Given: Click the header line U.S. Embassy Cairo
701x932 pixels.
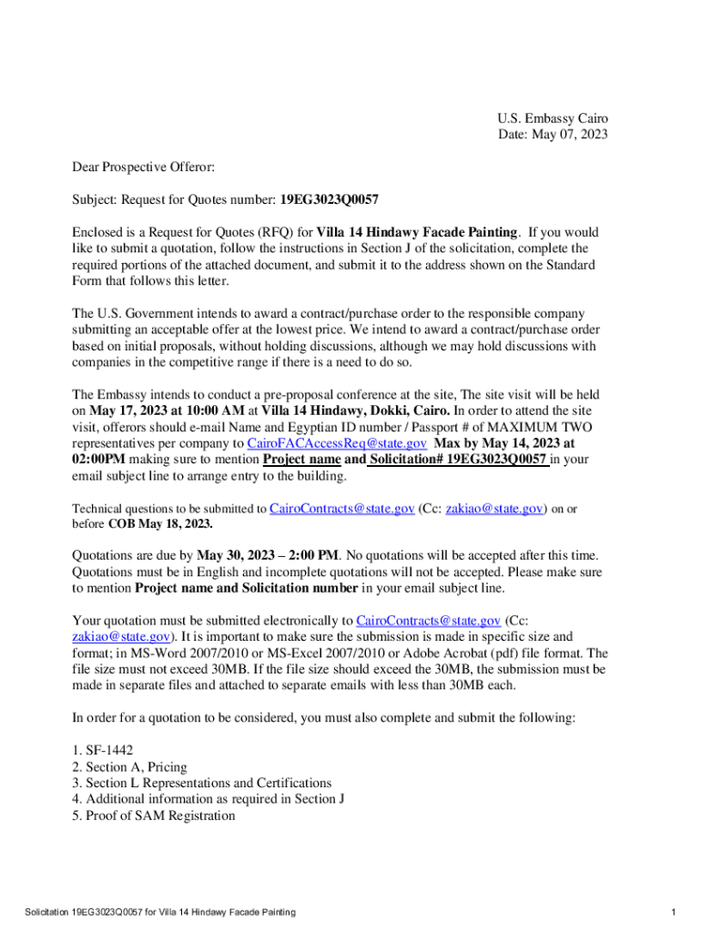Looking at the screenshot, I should (x=552, y=118).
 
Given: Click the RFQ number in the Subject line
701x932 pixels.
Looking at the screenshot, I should (x=330, y=199).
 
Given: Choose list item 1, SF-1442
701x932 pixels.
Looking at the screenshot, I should (x=103, y=750).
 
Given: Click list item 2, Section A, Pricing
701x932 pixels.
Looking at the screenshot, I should (x=129, y=766).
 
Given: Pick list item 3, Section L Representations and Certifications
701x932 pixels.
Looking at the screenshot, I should (x=202, y=783).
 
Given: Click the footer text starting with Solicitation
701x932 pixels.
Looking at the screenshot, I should (x=159, y=912).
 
